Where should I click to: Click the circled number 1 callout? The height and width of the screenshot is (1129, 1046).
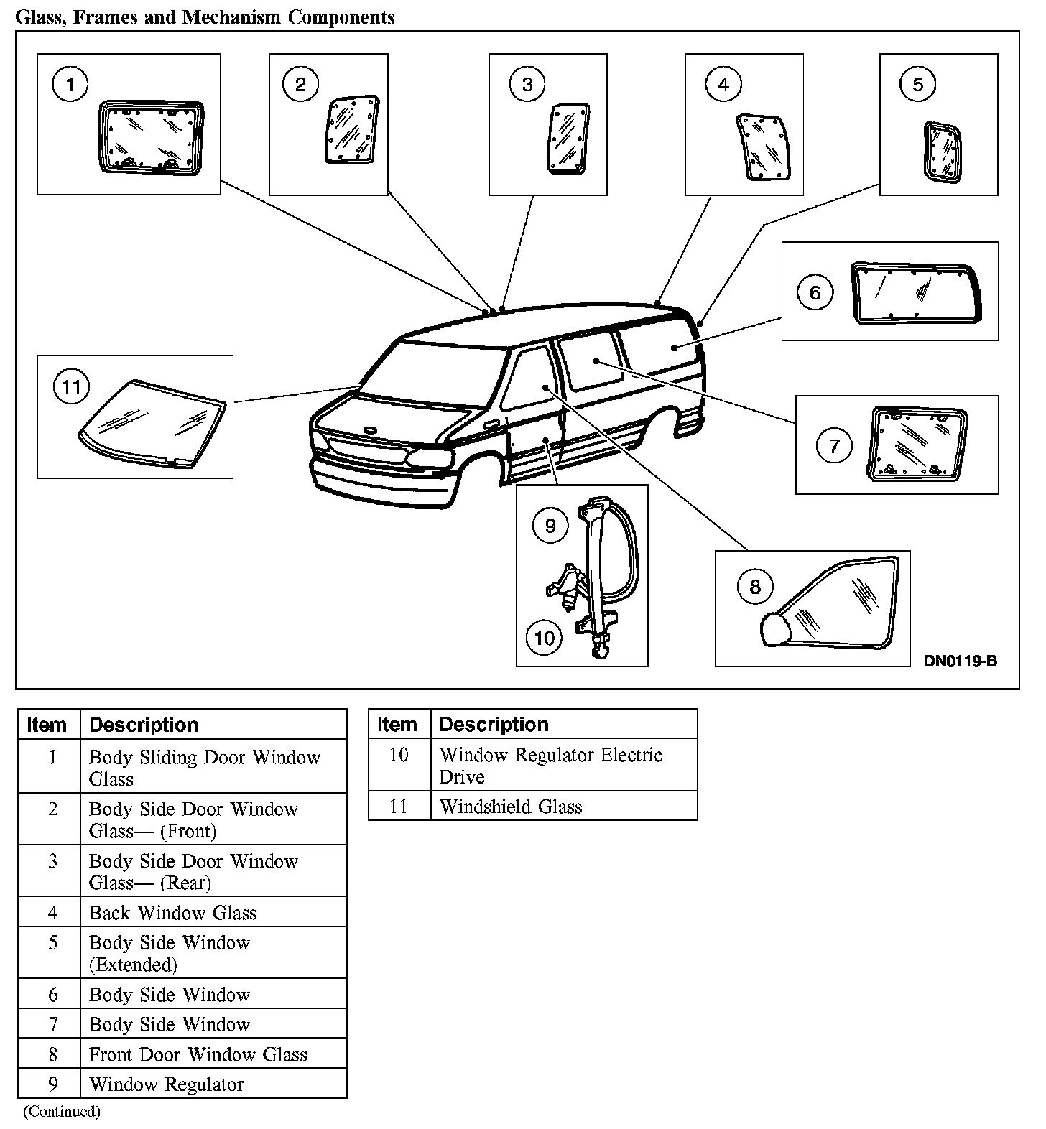pos(70,85)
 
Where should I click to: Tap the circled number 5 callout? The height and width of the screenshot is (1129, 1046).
pos(917,84)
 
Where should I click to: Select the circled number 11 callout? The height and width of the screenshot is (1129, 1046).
pos(71,388)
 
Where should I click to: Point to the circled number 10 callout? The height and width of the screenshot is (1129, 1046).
pos(544,637)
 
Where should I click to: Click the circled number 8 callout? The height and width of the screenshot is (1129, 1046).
pos(754,587)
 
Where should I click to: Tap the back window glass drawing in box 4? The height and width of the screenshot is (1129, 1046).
pos(764,147)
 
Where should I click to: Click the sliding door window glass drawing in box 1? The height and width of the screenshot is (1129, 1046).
pos(149,136)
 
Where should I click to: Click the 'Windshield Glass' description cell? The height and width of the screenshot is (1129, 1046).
pos(511,807)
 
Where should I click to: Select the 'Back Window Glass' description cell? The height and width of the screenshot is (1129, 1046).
pos(173,913)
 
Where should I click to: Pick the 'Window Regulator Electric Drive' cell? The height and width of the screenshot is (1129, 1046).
pos(550,766)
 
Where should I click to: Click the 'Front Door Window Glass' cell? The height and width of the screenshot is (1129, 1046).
pos(198,1054)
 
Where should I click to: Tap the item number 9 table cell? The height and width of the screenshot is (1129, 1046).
pos(52,1084)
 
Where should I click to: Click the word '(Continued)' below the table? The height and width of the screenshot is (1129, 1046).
pos(62,1112)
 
